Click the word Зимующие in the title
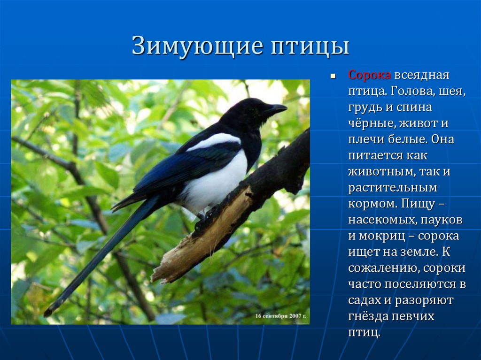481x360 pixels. (198, 46)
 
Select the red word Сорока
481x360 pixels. (370, 75)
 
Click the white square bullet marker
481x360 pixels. (333, 75)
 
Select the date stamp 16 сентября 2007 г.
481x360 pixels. (281, 316)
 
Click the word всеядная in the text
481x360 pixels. (421, 75)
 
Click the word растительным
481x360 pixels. (392, 188)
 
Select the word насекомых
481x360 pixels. (381, 220)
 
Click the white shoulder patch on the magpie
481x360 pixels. (215, 142)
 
